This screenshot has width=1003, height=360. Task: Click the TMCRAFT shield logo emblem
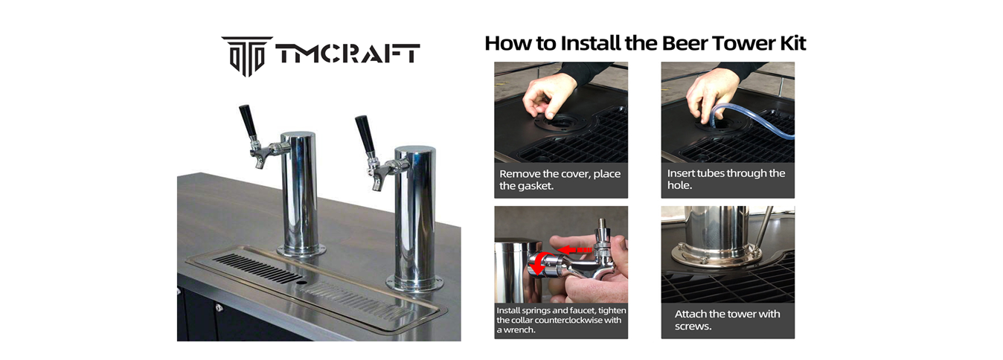point(247,57)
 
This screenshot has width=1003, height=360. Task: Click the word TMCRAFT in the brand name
point(348,54)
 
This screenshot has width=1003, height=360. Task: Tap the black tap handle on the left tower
point(248,121)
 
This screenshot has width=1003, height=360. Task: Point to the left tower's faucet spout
point(259,162)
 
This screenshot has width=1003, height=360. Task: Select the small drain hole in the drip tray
point(302,283)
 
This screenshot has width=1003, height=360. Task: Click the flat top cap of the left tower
point(298,135)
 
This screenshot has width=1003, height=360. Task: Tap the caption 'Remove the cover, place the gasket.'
point(560,179)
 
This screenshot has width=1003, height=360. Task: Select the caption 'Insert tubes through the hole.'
point(725,179)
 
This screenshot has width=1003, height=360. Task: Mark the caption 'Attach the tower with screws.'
point(727,320)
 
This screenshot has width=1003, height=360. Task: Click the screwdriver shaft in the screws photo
point(765,228)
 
